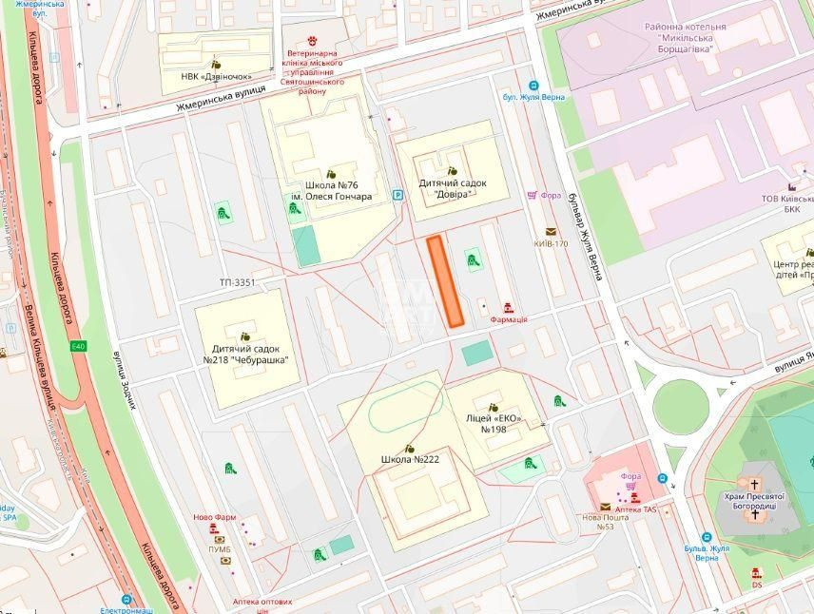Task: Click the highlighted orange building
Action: (x=444, y=282)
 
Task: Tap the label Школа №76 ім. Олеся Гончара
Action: (x=339, y=191)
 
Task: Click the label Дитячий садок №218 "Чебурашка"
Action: (x=244, y=355)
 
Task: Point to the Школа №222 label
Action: (x=410, y=460)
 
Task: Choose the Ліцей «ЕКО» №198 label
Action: (x=492, y=423)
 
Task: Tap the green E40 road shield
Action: (x=78, y=347)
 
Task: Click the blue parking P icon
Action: (x=398, y=194)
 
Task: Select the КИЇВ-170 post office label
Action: (x=551, y=243)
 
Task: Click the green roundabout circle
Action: (x=681, y=404)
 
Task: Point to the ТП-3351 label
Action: (x=238, y=282)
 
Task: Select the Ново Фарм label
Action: (x=213, y=519)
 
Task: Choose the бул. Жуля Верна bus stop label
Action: (x=534, y=96)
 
